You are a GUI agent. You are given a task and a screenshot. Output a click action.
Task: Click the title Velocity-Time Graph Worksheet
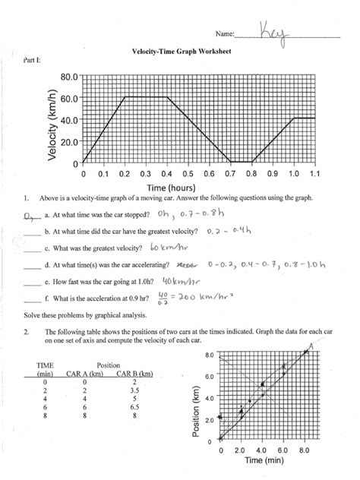(x=180, y=53)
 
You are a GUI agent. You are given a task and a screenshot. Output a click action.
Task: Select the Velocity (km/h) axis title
(x=52, y=121)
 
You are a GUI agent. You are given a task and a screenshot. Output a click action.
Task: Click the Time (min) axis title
(x=265, y=463)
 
